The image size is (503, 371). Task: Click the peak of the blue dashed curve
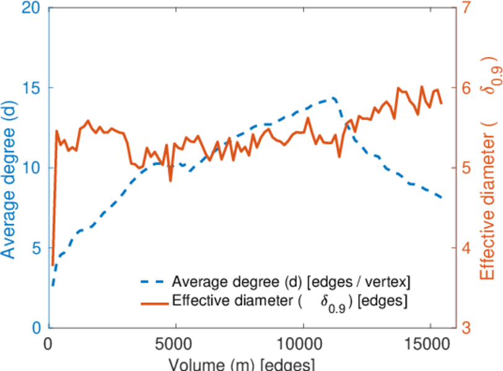[333, 97]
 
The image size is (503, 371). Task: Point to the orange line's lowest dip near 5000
[170, 181]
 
